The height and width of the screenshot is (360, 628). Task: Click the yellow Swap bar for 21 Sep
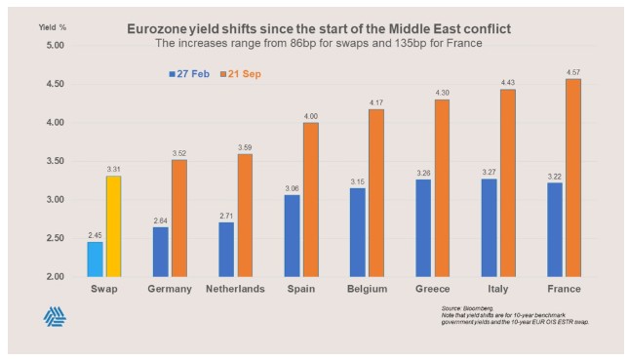[x=114, y=226]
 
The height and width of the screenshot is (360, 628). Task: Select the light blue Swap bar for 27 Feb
[x=95, y=259]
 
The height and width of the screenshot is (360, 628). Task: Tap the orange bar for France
[x=573, y=178]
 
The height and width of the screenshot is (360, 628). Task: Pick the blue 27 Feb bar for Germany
[x=161, y=252]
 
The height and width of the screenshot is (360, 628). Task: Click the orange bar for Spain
[x=311, y=200]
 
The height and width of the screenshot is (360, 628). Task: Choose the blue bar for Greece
[x=423, y=227]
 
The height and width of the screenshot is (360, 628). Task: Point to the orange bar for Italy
[x=508, y=182]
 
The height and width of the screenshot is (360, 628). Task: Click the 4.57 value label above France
[x=573, y=72]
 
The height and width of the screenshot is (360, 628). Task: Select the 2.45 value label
[x=95, y=235]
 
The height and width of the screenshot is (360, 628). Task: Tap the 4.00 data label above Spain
[x=311, y=116]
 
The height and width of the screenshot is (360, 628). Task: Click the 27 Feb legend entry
[x=189, y=74]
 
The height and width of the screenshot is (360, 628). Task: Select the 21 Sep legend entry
[x=241, y=74]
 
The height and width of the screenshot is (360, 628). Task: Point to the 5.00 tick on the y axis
[x=56, y=45]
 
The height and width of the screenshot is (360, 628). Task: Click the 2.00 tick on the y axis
[x=56, y=277]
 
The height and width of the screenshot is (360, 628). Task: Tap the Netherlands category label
[x=236, y=289]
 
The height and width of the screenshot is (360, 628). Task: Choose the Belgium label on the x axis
[x=368, y=289]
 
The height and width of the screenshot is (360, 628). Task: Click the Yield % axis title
[x=53, y=27]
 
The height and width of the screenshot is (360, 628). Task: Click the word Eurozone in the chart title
[x=152, y=29]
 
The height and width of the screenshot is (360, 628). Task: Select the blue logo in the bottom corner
[x=55, y=317]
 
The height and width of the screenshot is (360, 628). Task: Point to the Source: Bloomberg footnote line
[x=467, y=308]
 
